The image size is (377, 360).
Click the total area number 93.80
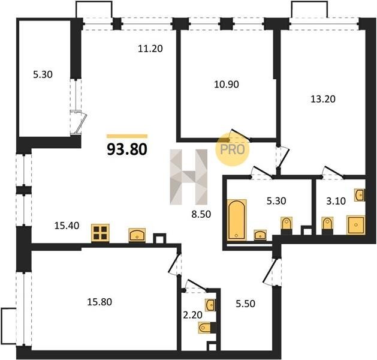[127, 149]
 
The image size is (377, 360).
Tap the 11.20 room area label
[150, 49]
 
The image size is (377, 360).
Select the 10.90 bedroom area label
[227, 85]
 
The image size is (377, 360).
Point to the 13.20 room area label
[323, 99]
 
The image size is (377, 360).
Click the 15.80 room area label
[99, 302]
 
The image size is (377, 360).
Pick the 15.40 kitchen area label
[67, 226]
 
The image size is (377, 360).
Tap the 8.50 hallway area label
[201, 214]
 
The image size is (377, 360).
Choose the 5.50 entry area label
[246, 304]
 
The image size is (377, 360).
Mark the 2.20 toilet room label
[192, 314]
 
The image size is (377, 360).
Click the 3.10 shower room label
[336, 200]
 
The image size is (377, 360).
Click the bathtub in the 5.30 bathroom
[237, 220]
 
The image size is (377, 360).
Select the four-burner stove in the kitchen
[100, 233]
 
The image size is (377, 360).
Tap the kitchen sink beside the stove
[137, 235]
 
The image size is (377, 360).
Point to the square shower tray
[355, 225]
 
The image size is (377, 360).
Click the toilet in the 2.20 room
[206, 328]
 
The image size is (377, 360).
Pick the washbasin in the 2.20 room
[210, 305]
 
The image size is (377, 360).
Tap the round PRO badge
[233, 149]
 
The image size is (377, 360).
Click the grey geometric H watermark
[188, 177]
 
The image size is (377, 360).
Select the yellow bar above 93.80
[127, 136]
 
